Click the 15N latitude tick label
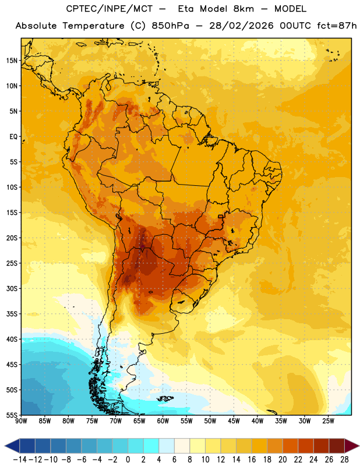point(12,61)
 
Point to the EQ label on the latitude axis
point(13,137)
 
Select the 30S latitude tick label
point(12,289)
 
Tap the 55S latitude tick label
point(12,415)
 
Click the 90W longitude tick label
point(21,421)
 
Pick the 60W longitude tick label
point(163,421)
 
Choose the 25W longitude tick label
point(328,421)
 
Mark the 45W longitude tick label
point(234,421)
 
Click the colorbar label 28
point(344,460)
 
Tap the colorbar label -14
point(20,460)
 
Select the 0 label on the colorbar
point(128,460)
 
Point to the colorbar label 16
point(252,460)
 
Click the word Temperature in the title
point(93,26)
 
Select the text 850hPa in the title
point(170,26)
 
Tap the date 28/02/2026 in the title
point(241,26)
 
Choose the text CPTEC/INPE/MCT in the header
point(109,9)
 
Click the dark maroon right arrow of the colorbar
point(352,446)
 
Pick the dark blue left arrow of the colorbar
point(12,446)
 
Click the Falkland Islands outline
point(165,398)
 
